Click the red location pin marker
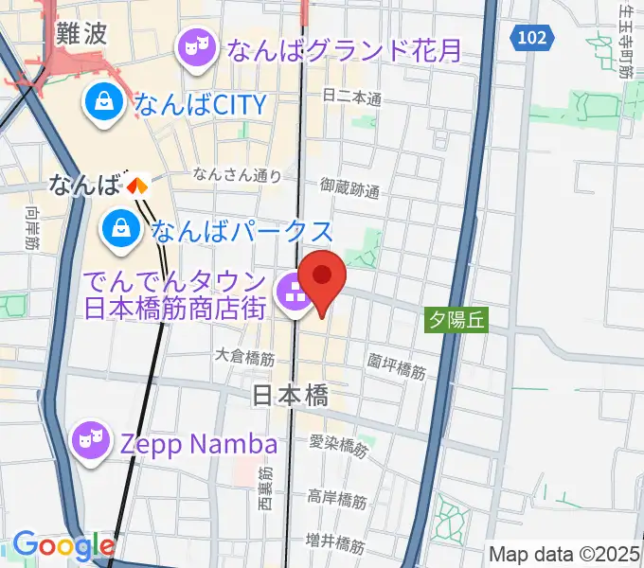[323, 277]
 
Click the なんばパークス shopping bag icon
[122, 228]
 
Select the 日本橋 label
[291, 396]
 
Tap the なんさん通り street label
[237, 174]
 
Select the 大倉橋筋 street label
[244, 359]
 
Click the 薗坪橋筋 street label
[397, 366]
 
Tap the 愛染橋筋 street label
[337, 446]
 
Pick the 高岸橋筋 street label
[337, 498]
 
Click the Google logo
[63, 545]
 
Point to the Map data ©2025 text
[564, 554]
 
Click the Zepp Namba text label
[198, 443]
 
